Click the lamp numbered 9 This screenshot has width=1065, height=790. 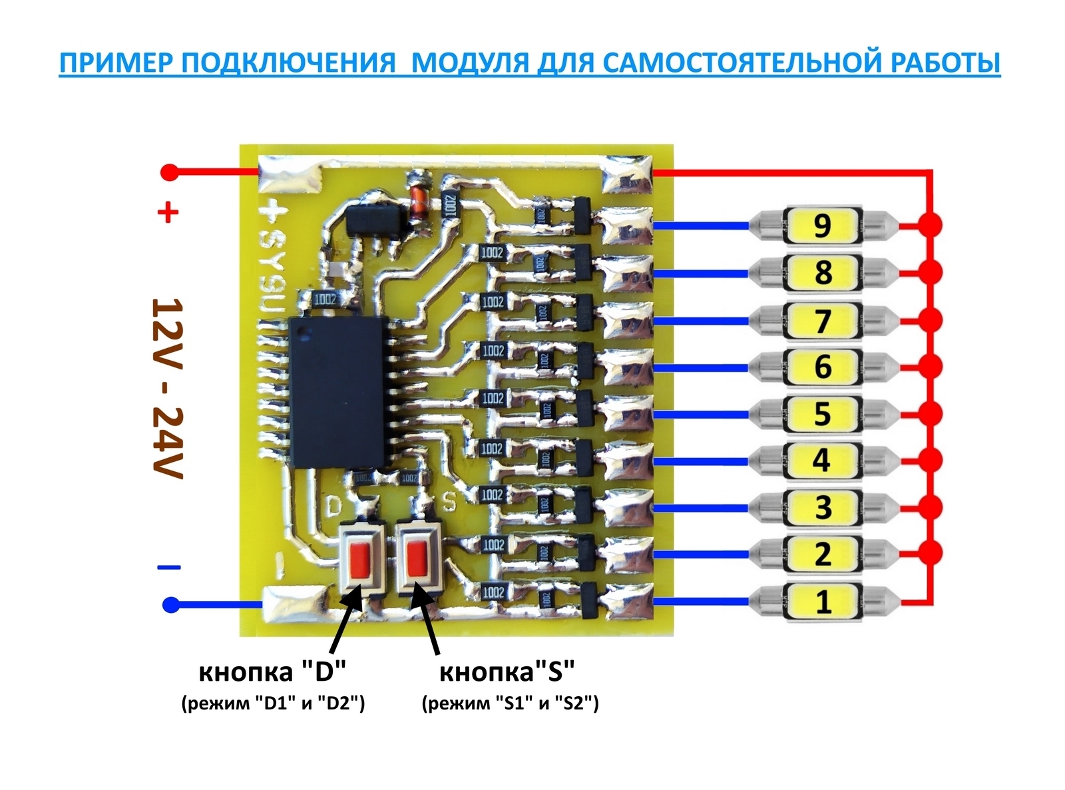tap(823, 226)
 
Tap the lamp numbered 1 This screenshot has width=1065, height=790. tap(823, 602)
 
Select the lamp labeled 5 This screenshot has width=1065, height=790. tap(823, 413)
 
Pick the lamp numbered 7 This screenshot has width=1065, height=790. tap(823, 320)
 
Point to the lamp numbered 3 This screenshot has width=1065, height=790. tap(823, 507)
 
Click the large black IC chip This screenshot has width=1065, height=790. tap(339, 392)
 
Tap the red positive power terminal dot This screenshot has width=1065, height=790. tap(170, 172)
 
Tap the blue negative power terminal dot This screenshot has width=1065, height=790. tap(171, 605)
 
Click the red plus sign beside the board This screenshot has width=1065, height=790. tap(167, 214)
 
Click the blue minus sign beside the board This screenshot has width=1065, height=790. tap(168, 568)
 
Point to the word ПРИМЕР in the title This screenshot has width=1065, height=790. tap(114, 63)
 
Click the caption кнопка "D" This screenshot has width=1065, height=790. tap(273, 672)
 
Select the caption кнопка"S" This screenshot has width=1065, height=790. tap(507, 672)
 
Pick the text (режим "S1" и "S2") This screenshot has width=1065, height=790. tap(510, 703)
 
